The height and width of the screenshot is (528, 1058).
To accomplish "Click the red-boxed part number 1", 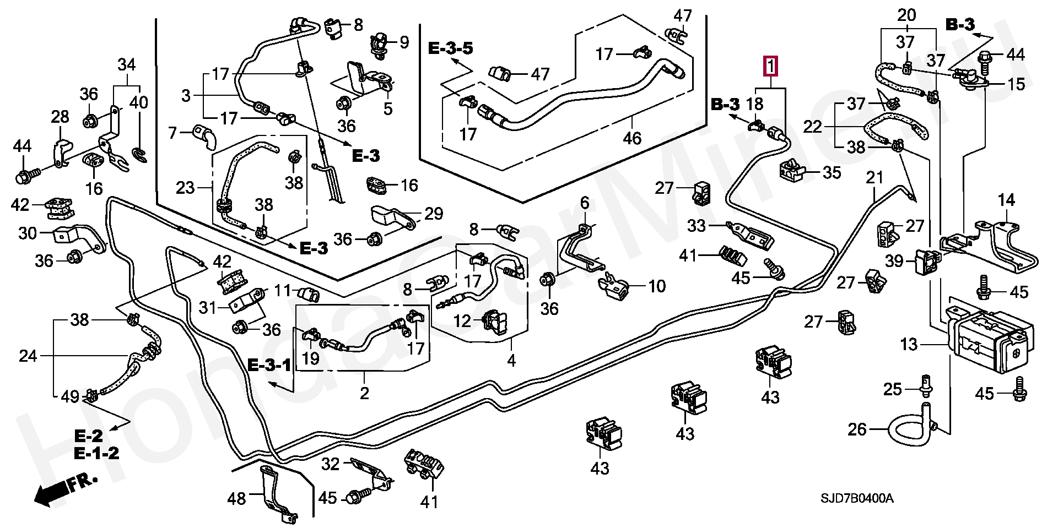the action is (x=770, y=66).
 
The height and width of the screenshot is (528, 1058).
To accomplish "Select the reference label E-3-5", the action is (x=450, y=48).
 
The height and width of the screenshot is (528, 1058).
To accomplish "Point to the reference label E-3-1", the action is (x=269, y=364).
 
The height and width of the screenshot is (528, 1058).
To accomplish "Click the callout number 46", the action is (x=631, y=137).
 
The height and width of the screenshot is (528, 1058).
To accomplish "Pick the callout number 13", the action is (x=909, y=345).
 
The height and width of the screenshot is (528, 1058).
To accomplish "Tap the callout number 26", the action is (x=857, y=429).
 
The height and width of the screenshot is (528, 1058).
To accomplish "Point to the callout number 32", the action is (x=331, y=464).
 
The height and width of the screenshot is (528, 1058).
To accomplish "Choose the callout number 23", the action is (x=186, y=188).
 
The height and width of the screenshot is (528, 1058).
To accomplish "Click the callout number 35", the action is (x=832, y=173).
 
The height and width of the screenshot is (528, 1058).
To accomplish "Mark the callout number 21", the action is (x=875, y=177).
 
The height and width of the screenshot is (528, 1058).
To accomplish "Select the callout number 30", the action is (x=28, y=233).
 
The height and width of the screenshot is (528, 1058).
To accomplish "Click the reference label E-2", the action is (x=89, y=437).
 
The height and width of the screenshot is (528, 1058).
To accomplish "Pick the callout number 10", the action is (x=657, y=286).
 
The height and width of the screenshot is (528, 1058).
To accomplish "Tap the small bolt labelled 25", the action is (x=926, y=385).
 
